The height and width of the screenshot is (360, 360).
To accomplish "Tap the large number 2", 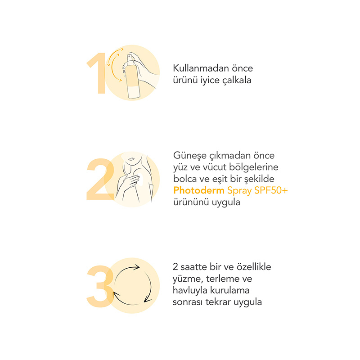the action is pyautogui.click(x=100, y=179).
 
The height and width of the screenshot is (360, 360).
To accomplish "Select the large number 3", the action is pyautogui.click(x=100, y=286).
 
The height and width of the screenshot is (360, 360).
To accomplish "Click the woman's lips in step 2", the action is pyautogui.click(x=131, y=159).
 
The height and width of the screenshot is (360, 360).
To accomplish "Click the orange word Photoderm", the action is pyautogui.click(x=199, y=190).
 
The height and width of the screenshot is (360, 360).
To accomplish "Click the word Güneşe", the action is pyautogui.click(x=190, y=156).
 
